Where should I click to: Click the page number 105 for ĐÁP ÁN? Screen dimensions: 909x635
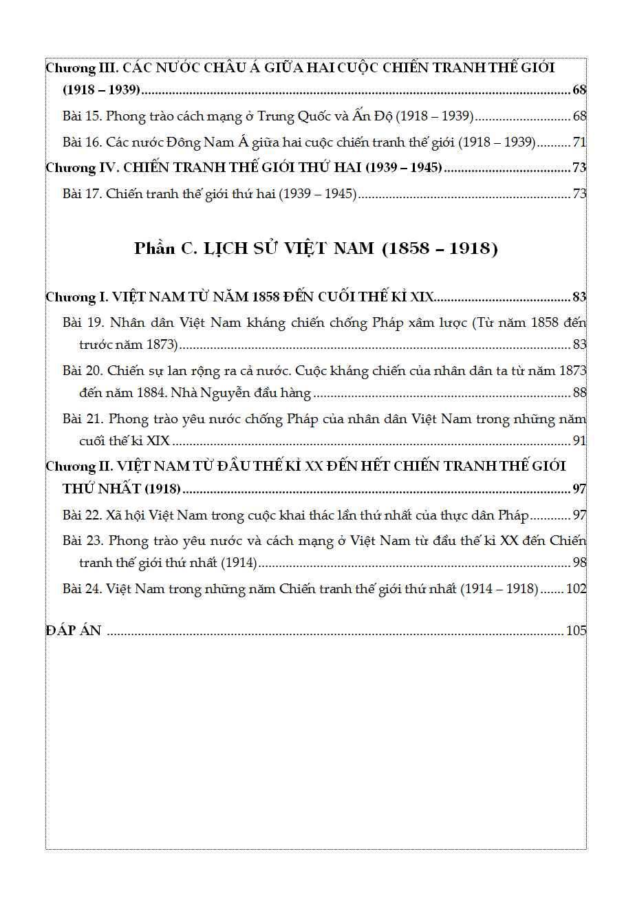pyautogui.click(x=576, y=630)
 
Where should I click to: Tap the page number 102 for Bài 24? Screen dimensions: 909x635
pyautogui.click(x=576, y=589)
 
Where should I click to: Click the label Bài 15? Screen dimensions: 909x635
pyautogui.click(x=82, y=116)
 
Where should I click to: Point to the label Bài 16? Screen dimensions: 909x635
pyautogui.click(x=82, y=142)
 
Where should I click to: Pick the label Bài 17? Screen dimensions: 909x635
pyautogui.click(x=82, y=194)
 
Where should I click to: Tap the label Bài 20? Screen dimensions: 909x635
pyautogui.click(x=83, y=371)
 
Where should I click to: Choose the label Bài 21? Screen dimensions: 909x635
pyautogui.click(x=83, y=419)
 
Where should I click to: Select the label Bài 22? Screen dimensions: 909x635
pyautogui.click(x=82, y=515)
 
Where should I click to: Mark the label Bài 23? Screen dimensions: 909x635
pyautogui.click(x=83, y=541)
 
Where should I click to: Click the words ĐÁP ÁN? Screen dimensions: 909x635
pyautogui.click(x=74, y=630)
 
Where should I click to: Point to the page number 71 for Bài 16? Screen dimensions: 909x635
pyautogui.click(x=579, y=142)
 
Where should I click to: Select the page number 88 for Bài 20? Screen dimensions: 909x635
pyautogui.click(x=579, y=393)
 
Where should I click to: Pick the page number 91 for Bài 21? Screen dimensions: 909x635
pyautogui.click(x=579, y=441)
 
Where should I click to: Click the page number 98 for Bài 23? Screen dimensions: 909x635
pyautogui.click(x=579, y=563)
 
